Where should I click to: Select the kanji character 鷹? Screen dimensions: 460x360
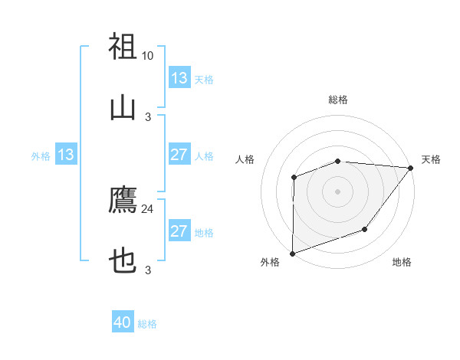pos(123,200)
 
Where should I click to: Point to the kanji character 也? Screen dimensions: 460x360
pos(123,262)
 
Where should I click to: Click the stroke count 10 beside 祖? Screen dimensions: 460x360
pos(147,56)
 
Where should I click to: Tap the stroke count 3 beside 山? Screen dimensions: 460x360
pos(147,117)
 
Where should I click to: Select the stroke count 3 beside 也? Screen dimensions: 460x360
pos(147,270)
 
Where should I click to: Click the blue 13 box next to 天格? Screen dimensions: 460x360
pos(179,78)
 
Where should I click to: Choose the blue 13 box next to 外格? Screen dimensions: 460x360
pos(66,155)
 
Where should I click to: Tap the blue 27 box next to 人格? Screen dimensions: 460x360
pos(179,155)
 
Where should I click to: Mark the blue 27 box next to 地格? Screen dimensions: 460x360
pos(179,231)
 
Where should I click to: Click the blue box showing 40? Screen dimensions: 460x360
pos(123,322)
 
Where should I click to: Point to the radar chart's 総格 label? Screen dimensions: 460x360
pos(338,100)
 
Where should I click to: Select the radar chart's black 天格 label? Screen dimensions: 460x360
pos(431,159)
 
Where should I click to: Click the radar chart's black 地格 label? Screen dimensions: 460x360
pos(402,263)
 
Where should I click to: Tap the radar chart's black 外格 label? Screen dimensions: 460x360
pos(270,263)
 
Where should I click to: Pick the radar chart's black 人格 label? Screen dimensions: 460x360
pos(245,159)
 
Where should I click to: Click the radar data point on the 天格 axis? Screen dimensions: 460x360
pos(411,168)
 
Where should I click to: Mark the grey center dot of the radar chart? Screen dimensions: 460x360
pos(338,191)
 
